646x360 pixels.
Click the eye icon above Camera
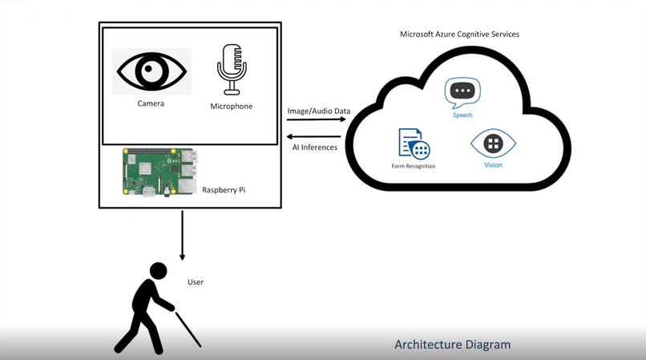click(x=151, y=71)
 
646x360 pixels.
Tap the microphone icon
click(x=232, y=69)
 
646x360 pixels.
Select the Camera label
click(x=151, y=103)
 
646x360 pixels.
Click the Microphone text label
click(x=231, y=107)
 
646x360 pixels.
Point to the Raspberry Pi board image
click(x=160, y=172)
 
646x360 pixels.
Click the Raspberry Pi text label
click(x=224, y=190)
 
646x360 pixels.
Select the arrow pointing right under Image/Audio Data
click(x=317, y=119)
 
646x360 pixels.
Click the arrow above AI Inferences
click(x=313, y=136)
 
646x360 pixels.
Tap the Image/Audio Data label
click(x=319, y=111)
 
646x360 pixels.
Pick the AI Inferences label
click(x=315, y=148)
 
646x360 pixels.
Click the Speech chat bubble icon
click(x=462, y=93)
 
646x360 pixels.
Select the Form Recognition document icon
click(x=414, y=144)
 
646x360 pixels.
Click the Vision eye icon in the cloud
click(x=493, y=144)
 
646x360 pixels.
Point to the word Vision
click(x=493, y=165)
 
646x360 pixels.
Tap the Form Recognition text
click(x=414, y=166)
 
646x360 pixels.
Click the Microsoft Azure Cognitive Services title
click(x=459, y=34)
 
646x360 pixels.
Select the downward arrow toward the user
click(x=182, y=236)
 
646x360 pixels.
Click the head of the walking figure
click(x=158, y=271)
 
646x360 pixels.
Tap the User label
click(x=196, y=282)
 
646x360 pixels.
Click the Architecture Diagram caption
click(x=452, y=344)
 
